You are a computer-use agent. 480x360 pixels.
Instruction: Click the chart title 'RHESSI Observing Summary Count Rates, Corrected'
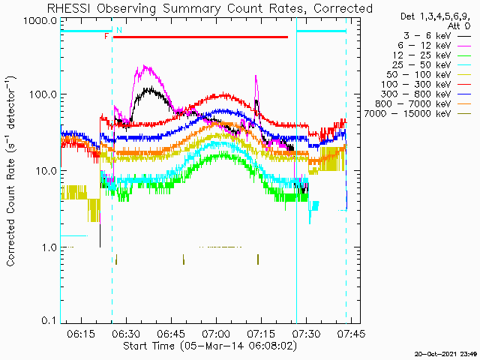209,8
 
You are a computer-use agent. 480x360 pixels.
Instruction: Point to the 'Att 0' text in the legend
459,25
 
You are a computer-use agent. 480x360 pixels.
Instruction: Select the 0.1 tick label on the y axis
47,320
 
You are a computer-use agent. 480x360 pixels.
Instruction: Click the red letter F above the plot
106,36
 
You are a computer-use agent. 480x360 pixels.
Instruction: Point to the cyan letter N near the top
118,30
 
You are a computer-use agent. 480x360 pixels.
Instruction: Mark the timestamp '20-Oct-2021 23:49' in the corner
447,352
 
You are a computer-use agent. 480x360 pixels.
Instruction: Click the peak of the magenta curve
145,66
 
